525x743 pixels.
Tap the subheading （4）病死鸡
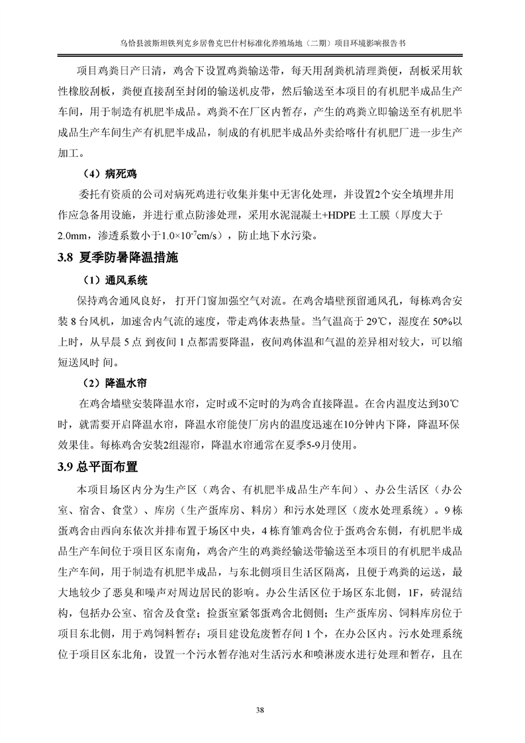click(109, 174)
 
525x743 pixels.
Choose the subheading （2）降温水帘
click(113, 383)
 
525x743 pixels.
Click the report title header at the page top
click(262, 40)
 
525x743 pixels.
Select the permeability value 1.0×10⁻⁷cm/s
click(194, 235)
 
